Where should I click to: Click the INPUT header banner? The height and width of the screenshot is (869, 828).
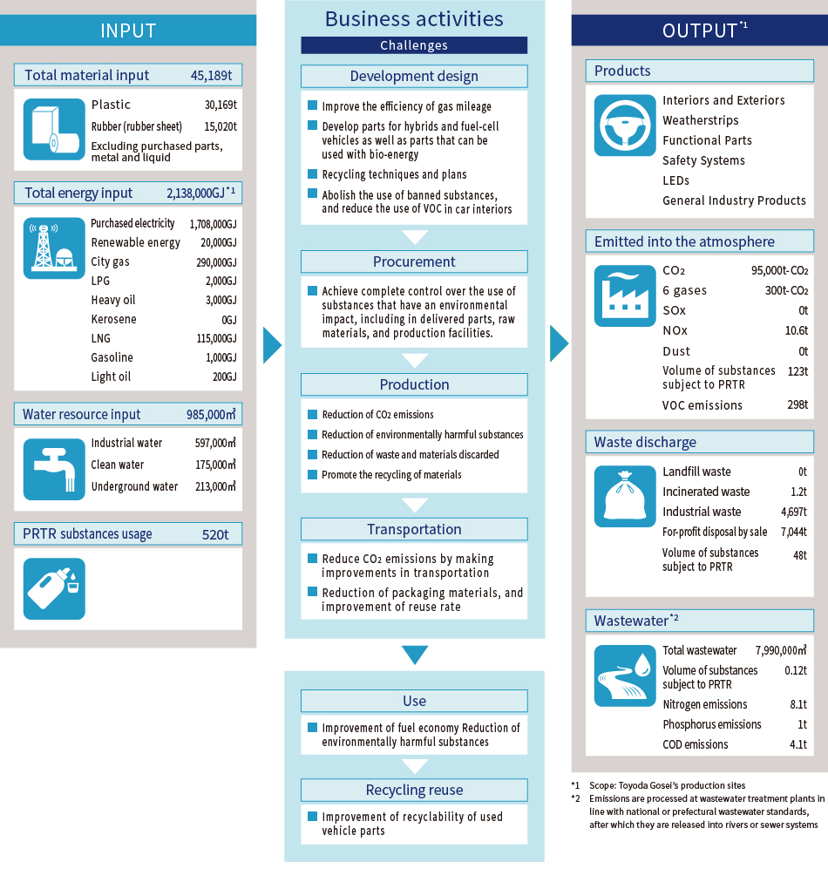pyautogui.click(x=128, y=31)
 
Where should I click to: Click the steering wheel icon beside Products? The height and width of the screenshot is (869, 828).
pyautogui.click(x=624, y=125)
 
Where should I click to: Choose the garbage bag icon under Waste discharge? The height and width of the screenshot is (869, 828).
pyautogui.click(x=624, y=496)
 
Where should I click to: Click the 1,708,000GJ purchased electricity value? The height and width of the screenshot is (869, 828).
pyautogui.click(x=213, y=224)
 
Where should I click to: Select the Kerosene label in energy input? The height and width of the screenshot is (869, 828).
pyautogui.click(x=113, y=319)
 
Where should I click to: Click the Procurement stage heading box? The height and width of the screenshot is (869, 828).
pyautogui.click(x=414, y=261)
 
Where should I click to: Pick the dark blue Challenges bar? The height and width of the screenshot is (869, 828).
pyautogui.click(x=414, y=45)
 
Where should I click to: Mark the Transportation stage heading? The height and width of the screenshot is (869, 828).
pyautogui.click(x=414, y=529)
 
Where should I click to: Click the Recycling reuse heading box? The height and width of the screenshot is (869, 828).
pyautogui.click(x=414, y=790)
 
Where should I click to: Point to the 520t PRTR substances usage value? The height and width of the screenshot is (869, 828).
pyautogui.click(x=215, y=534)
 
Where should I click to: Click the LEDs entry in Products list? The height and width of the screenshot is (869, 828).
pyautogui.click(x=675, y=180)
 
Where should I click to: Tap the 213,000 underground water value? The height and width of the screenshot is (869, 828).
pyautogui.click(x=215, y=486)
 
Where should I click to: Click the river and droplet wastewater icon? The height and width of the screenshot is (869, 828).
pyautogui.click(x=624, y=676)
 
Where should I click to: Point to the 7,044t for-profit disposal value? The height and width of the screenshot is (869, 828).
pyautogui.click(x=787, y=532)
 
